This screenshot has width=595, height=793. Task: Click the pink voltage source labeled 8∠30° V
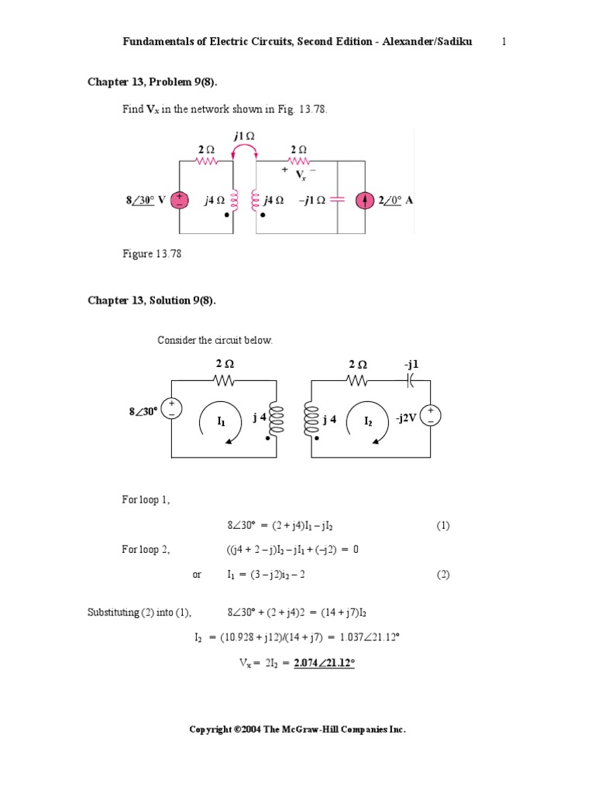(180, 201)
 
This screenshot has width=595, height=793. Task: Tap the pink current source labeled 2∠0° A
(365, 201)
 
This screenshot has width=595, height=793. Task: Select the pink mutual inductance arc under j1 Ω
(244, 149)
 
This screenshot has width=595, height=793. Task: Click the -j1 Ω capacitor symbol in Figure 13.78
(337, 201)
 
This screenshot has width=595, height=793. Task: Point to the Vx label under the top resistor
(301, 175)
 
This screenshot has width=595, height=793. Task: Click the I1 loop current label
(221, 421)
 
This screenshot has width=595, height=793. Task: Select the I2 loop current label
(368, 421)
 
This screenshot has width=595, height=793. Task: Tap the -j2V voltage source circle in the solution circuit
(431, 416)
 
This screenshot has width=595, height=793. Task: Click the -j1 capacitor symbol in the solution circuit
(410, 380)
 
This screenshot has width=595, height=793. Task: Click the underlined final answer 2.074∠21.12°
(325, 663)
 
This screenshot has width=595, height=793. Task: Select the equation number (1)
(442, 526)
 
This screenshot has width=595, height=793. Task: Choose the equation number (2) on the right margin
(442, 575)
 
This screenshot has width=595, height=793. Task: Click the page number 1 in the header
(504, 42)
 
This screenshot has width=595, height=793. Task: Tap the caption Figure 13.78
(152, 253)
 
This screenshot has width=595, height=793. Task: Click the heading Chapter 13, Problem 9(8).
(153, 82)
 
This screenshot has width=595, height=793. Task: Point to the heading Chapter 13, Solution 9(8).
(152, 300)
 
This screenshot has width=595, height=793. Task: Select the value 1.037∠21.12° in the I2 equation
(370, 637)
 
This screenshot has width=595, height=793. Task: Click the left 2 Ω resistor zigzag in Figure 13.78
(206, 161)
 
